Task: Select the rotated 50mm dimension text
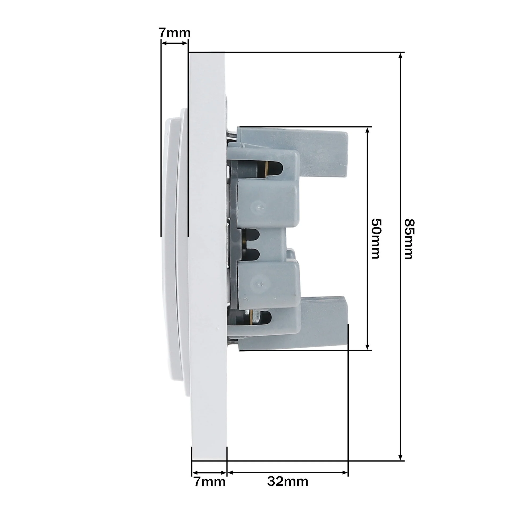coord(376,238)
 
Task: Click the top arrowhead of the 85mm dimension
coord(400,56)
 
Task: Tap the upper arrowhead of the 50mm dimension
coord(368,131)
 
